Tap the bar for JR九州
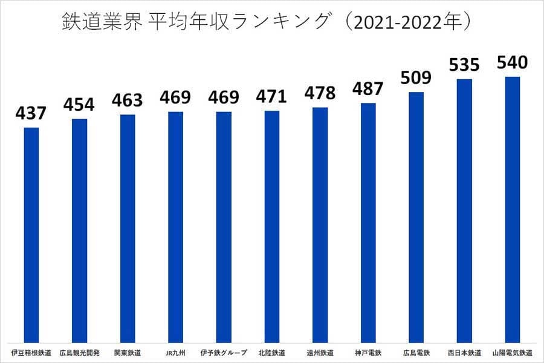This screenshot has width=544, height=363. click(x=175, y=227)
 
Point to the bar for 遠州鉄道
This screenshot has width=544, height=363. click(x=320, y=224)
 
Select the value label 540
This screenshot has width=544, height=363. click(x=513, y=62)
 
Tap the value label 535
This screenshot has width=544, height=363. click(x=464, y=65)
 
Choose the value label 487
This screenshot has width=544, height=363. click(x=368, y=89)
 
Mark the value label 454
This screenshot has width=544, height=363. click(x=79, y=104)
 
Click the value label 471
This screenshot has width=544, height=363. click(x=272, y=96)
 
